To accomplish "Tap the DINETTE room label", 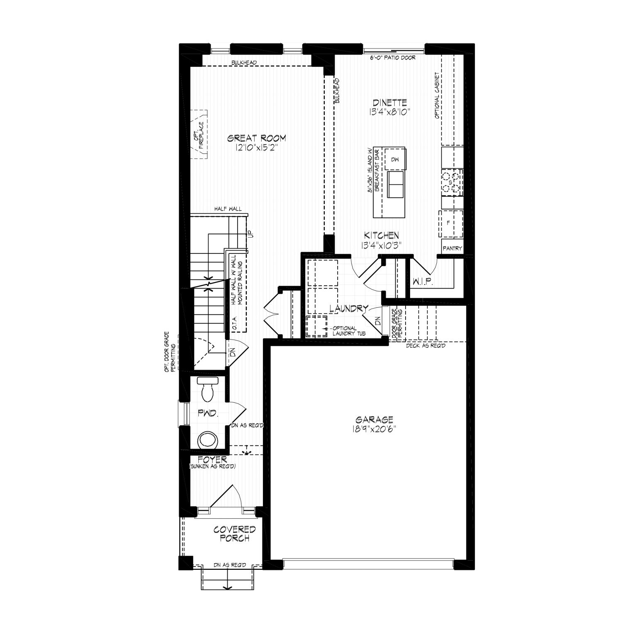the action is coord(389,102).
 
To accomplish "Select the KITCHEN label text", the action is coord(382,235).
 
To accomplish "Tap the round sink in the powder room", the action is coord(207,440).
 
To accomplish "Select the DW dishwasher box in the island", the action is coord(395,158).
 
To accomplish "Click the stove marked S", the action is coord(451,182).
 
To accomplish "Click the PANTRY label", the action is coord(452,248).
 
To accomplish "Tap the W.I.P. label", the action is coord(423,282).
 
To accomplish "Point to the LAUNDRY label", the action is coord(349,308).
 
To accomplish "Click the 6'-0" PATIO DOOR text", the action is coord(392,58).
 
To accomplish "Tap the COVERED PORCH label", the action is coord(235,534).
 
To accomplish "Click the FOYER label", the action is coord(212,460).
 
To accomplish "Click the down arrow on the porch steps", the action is coord(227,581).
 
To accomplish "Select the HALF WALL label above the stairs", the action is coord(228,209).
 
